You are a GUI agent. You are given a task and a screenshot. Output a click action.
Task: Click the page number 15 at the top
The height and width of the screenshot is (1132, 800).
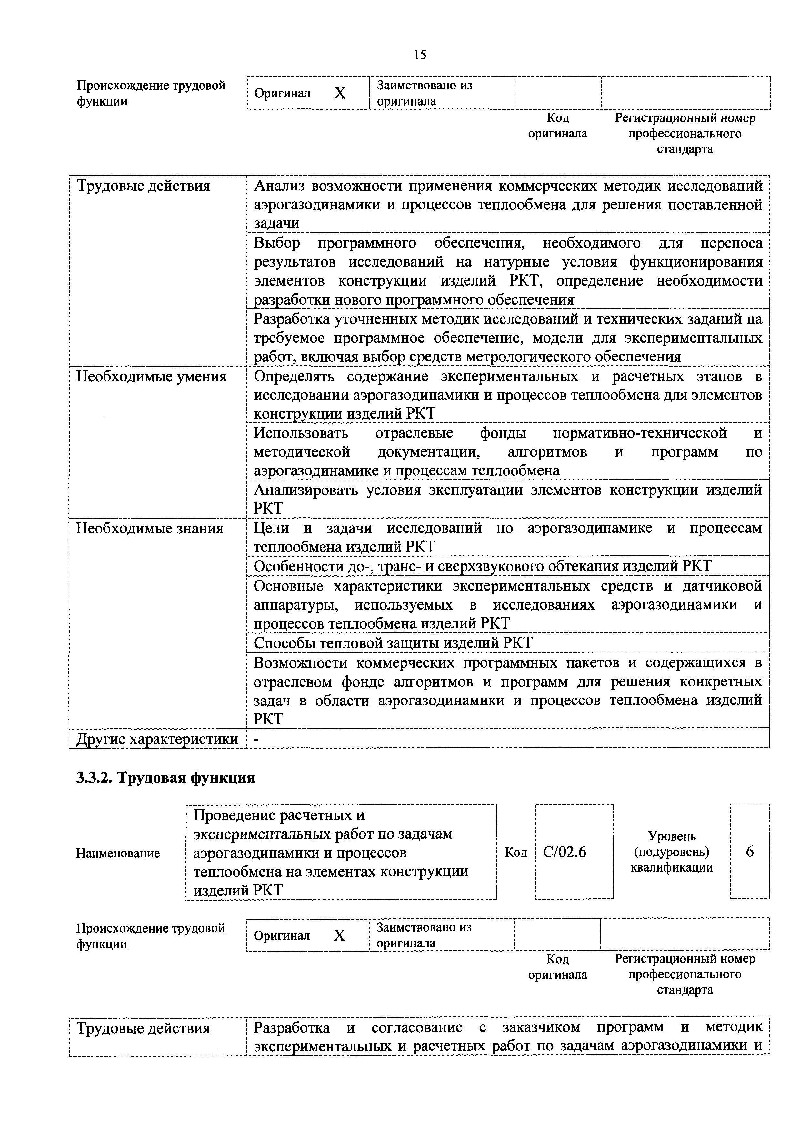pyautogui.click(x=420, y=55)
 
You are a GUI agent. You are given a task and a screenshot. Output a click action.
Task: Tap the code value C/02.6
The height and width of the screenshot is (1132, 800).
pyautogui.click(x=565, y=852)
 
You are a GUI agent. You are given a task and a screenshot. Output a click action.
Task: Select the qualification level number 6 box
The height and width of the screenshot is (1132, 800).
pyautogui.click(x=750, y=852)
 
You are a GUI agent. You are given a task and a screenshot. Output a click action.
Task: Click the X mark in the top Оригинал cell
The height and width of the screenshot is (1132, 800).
pyautogui.click(x=340, y=93)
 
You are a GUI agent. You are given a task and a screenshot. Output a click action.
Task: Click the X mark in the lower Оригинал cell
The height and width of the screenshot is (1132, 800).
pyautogui.click(x=339, y=935)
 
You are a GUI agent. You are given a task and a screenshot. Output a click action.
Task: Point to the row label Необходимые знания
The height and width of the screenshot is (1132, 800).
pyautogui.click(x=150, y=529)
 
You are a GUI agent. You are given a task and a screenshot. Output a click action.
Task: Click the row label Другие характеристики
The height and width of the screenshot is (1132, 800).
pyautogui.click(x=157, y=739)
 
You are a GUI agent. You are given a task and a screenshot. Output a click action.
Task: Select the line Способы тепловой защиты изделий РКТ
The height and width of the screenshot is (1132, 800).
pyautogui.click(x=393, y=643)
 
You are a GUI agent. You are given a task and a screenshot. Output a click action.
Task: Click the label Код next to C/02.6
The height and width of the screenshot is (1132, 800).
pyautogui.click(x=515, y=853)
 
